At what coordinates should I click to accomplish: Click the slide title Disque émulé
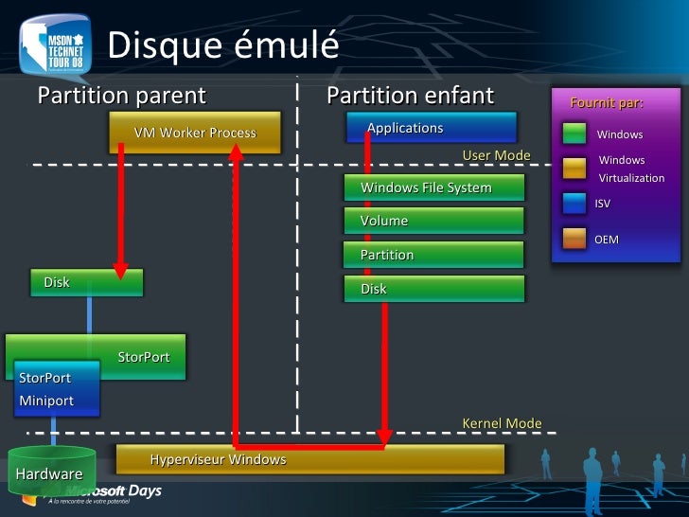(223, 45)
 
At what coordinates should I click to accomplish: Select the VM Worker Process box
(195, 133)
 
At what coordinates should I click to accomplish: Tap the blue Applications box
(432, 128)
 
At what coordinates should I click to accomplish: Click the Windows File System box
(433, 187)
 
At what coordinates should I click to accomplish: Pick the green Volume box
(433, 221)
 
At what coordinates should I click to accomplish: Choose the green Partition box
(433, 255)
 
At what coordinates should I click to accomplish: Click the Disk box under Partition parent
(86, 282)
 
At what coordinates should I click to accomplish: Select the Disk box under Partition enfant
(433, 289)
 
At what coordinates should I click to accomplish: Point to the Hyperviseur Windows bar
(309, 459)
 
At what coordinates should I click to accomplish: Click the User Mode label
(496, 155)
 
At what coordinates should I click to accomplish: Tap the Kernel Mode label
(502, 423)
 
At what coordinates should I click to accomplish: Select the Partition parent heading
(121, 96)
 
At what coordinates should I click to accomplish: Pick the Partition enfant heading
(410, 96)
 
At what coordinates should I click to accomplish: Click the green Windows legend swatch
(574, 134)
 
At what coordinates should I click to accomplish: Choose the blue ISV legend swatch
(574, 203)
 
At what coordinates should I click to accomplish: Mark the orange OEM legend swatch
(574, 239)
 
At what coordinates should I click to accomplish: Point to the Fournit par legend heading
(606, 102)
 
